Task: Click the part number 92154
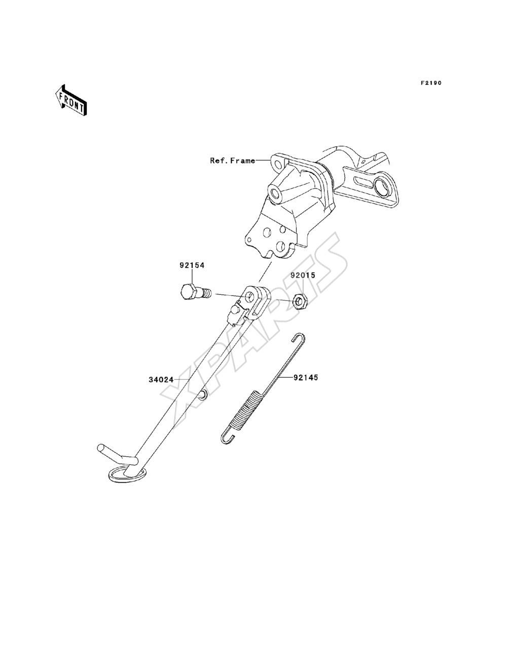pyautogui.click(x=192, y=265)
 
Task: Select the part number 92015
pyautogui.click(x=303, y=275)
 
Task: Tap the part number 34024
pyautogui.click(x=161, y=380)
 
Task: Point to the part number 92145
pyautogui.click(x=305, y=377)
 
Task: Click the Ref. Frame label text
pyautogui.click(x=233, y=161)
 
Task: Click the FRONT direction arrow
pyautogui.click(x=71, y=100)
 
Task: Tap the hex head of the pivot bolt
pyautogui.click(x=189, y=292)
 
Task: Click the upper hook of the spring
pyautogui.click(x=299, y=337)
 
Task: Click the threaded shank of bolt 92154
pyautogui.click(x=205, y=293)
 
